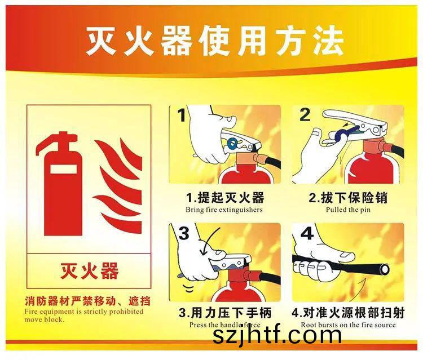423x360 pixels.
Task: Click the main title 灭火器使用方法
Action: (214, 41)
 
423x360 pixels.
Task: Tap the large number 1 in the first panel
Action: (182, 115)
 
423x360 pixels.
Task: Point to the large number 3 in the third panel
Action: (184, 233)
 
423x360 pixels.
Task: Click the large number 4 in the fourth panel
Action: (307, 233)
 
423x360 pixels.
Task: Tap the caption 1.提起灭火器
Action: (225, 198)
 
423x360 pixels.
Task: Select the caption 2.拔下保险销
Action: (348, 198)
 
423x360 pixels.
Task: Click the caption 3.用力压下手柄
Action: (225, 313)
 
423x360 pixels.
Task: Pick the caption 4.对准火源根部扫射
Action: (349, 313)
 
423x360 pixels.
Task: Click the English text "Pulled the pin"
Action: (348, 210)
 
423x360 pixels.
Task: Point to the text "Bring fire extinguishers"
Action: (224, 210)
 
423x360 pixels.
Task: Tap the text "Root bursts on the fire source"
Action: (349, 325)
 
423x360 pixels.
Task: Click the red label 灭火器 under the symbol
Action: (89, 270)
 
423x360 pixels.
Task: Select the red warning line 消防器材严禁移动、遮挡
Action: (87, 301)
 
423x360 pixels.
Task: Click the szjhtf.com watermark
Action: (277, 335)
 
